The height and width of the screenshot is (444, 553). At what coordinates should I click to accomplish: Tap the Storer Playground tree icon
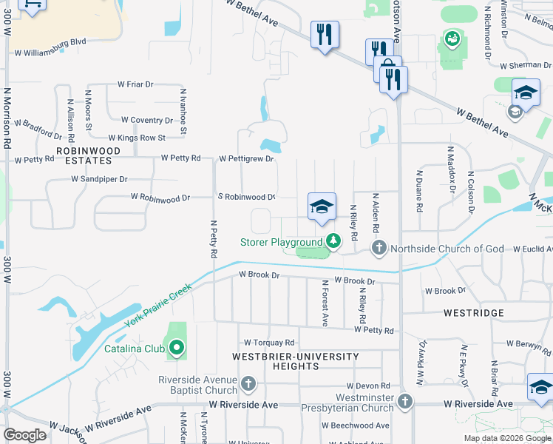point(333,241)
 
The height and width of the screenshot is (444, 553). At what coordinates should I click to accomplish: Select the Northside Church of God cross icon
point(379,248)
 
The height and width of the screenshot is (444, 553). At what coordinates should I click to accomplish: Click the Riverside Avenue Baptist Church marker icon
point(248,384)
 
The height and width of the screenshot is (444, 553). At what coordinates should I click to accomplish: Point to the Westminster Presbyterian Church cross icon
point(404,402)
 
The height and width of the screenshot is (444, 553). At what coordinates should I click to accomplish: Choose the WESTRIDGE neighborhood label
point(473,313)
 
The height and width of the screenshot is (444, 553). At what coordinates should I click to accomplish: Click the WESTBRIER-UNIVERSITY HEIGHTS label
point(295,362)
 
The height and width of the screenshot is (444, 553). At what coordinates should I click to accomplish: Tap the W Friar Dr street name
point(135,84)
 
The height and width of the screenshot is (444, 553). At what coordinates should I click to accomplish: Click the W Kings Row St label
point(137,138)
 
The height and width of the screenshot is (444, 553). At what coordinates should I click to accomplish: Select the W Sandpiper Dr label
point(99,179)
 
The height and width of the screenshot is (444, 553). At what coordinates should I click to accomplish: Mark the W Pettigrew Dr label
point(246,158)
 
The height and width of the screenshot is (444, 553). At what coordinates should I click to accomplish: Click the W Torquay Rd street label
point(269,343)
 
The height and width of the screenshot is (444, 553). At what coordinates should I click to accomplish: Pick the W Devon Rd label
point(367,386)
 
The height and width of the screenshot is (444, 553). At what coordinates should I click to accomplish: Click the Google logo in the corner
point(25,435)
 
